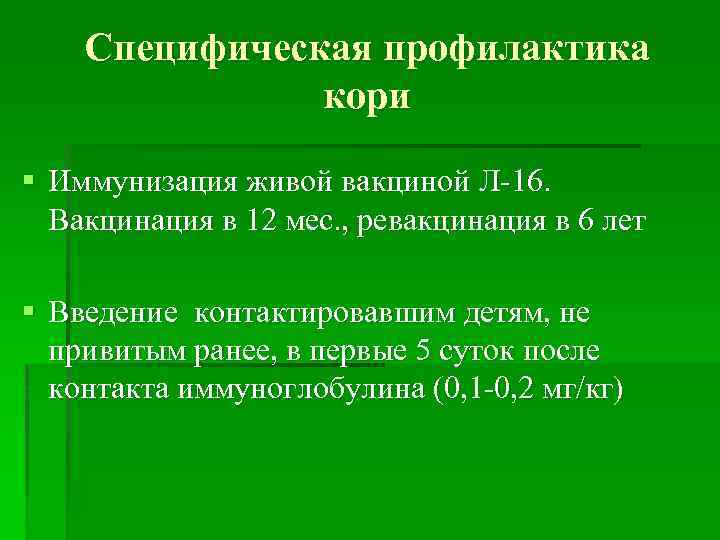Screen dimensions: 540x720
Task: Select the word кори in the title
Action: (x=367, y=97)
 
